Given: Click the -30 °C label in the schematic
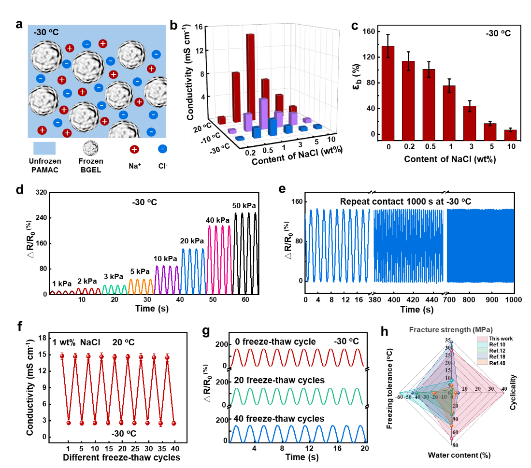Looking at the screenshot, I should (x=46, y=32).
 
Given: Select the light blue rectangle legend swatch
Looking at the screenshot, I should (x=44, y=148).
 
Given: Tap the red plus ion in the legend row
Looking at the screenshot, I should (x=134, y=149).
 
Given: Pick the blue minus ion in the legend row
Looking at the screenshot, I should (x=163, y=149).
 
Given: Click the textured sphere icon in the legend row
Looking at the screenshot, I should (x=90, y=148).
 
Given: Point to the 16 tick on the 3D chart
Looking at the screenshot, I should (x=198, y=27).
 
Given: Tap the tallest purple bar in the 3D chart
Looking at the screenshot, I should (x=263, y=113).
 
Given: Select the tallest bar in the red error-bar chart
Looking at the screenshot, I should (x=388, y=93).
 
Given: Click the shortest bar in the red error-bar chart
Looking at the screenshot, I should (x=511, y=135).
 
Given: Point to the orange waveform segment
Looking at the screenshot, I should (x=141, y=286).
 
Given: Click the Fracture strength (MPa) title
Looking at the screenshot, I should (x=451, y=329).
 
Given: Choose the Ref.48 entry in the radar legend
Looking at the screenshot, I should (x=493, y=363).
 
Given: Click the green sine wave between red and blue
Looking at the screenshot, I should (x=297, y=396).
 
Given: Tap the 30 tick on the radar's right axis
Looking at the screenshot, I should (x=491, y=389).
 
